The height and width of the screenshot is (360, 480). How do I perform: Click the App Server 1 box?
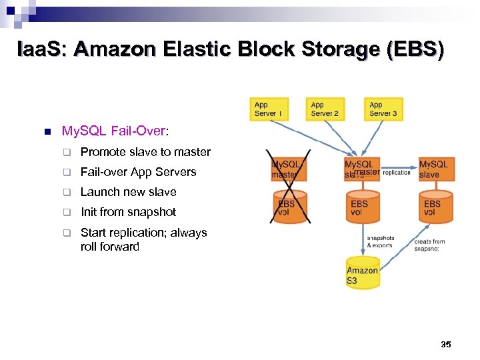tap(269, 109)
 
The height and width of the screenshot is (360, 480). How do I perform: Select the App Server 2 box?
tap(325, 109)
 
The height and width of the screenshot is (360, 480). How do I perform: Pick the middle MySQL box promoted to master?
tap(361, 169)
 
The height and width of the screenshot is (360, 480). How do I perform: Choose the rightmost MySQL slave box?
tap(435, 169)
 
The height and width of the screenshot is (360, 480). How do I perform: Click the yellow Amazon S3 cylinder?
tap(363, 273)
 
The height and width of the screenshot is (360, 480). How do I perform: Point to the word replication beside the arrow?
tap(397, 173)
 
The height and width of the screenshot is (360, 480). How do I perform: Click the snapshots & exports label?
tap(381, 241)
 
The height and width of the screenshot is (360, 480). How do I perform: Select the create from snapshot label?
tap(430, 245)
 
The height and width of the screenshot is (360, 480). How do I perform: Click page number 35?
tap(446, 345)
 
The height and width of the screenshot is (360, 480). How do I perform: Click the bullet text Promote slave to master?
tap(145, 152)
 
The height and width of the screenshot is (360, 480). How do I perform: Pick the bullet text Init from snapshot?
tap(128, 212)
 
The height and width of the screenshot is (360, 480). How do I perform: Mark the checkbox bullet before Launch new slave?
tap(67, 193)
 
